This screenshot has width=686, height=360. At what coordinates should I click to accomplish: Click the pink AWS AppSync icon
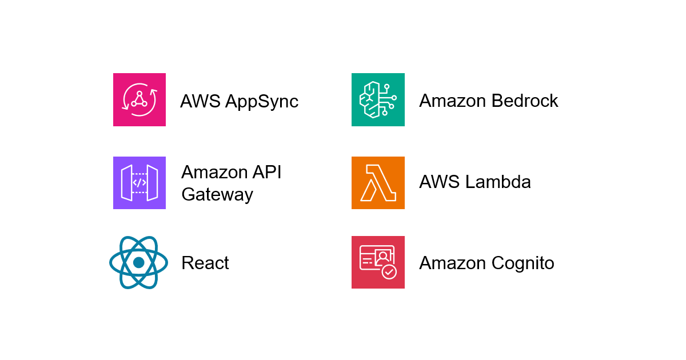(x=139, y=99)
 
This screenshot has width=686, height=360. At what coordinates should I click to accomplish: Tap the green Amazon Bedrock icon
(x=378, y=99)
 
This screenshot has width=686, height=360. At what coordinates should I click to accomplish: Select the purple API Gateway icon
(x=139, y=183)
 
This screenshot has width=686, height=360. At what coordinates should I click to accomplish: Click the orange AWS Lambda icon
(x=378, y=183)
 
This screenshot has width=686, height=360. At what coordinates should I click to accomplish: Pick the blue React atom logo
(x=139, y=262)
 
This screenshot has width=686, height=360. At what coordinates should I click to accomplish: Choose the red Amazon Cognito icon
(x=378, y=262)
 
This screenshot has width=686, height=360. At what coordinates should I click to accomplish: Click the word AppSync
(x=262, y=102)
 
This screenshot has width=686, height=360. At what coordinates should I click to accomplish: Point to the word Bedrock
(x=525, y=101)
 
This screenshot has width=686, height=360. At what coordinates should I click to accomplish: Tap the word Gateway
(x=217, y=195)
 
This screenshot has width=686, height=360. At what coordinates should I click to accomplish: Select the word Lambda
(x=498, y=182)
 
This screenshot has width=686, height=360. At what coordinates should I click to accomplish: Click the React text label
(x=205, y=263)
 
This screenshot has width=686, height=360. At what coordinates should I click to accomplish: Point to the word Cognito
(x=523, y=263)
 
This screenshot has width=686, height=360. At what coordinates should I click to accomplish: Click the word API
(x=266, y=172)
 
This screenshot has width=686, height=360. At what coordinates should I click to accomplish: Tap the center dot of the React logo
(x=139, y=262)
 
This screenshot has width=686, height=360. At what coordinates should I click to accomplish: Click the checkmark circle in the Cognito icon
(x=389, y=272)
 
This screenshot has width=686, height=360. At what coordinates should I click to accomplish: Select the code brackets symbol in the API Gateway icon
(x=139, y=183)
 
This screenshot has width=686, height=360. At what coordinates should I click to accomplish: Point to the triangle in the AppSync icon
(x=139, y=99)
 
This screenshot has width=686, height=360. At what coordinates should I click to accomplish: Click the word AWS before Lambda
(x=440, y=182)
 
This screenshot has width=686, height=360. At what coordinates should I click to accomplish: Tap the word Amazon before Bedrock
(x=453, y=101)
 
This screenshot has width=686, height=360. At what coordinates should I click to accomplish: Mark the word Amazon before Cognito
(x=453, y=263)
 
